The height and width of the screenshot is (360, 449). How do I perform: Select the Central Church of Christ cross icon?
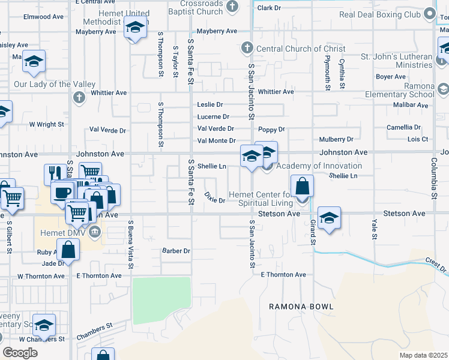246,49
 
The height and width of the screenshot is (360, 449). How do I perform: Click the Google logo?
20,353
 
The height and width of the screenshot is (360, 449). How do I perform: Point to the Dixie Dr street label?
214,197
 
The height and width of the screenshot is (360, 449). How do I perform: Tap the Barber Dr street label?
176,251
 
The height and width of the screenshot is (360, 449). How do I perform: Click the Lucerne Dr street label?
213,116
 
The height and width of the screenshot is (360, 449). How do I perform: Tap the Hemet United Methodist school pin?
136,28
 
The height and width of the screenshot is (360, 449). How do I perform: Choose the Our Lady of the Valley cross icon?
79,97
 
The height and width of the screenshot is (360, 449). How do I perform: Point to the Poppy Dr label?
271,129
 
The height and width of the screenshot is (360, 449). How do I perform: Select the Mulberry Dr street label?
336,139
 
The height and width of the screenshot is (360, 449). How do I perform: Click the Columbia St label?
432,178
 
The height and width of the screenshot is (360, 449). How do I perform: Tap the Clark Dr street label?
268,8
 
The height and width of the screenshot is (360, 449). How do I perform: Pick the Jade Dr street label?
53,263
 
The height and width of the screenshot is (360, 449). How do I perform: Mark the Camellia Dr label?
403,127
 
